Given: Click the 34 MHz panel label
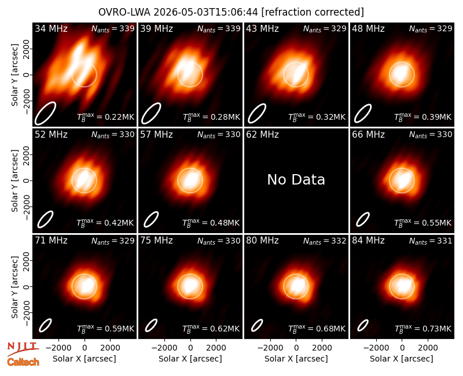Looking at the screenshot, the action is (x=51, y=28).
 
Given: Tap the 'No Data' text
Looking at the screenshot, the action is (x=296, y=179).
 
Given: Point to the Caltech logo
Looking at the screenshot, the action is (x=23, y=362).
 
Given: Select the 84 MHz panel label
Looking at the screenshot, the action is (x=368, y=241).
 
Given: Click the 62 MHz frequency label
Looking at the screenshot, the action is (x=263, y=135).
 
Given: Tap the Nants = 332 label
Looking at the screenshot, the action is (x=325, y=241).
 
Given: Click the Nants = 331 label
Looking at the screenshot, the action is (x=431, y=241).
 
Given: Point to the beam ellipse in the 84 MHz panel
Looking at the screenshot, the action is (x=363, y=326).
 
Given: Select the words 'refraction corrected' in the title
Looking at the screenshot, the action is (x=313, y=12).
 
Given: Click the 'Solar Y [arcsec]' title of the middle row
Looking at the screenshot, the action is (x=14, y=180).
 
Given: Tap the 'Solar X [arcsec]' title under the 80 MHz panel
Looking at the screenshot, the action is (x=296, y=359).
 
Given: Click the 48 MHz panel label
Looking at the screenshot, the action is (x=368, y=28).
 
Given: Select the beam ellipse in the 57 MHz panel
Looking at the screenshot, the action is (x=151, y=220).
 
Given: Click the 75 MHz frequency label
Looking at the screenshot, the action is (x=156, y=241).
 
